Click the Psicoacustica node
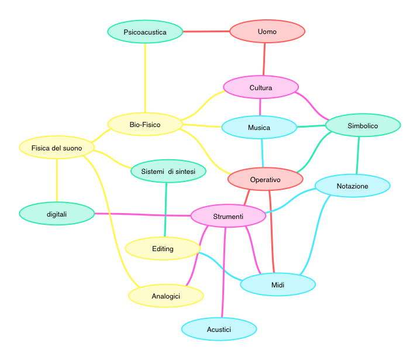145,32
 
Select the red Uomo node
267,31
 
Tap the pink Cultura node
261,88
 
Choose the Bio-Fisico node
145,125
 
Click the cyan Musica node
259,127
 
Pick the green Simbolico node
363,125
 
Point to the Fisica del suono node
57,148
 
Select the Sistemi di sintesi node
168,171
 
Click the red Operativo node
266,179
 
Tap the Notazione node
353,186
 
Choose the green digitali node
57,214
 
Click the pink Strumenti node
228,217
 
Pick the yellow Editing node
163,248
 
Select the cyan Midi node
278,284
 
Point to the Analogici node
166,296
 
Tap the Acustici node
219,330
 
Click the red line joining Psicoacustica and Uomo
206,31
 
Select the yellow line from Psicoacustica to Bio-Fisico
145,76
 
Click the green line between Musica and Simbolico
310,126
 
